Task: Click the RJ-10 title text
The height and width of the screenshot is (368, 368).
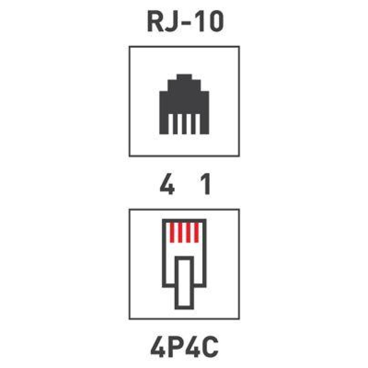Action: pyautogui.click(x=185, y=22)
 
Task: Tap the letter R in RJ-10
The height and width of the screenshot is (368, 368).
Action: pyautogui.click(x=155, y=22)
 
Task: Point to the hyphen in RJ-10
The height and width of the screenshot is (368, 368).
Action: pyautogui.click(x=185, y=24)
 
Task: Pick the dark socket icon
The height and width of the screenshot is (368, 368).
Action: pyautogui.click(x=184, y=104)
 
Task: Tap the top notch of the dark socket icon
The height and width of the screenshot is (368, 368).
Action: pyautogui.click(x=184, y=77)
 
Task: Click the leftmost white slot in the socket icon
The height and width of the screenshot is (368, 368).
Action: pyautogui.click(x=171, y=124)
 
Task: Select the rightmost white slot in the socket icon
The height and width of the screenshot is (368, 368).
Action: pyautogui.click(x=198, y=124)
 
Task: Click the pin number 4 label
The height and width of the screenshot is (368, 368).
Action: pyautogui.click(x=167, y=184)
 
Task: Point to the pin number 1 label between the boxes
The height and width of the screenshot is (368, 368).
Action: pyautogui.click(x=206, y=184)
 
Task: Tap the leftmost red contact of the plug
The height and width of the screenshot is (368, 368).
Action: pyautogui.click(x=172, y=233)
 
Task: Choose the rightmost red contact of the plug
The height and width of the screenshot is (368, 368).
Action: pyautogui.click(x=197, y=233)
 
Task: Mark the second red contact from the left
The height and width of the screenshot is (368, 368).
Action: pyautogui.click(x=180, y=233)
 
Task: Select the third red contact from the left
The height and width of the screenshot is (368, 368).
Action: pyautogui.click(x=188, y=233)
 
